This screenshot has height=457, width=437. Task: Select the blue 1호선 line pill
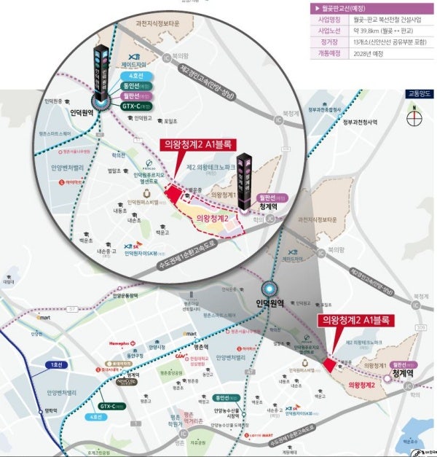pyautogui.click(x=54, y=364)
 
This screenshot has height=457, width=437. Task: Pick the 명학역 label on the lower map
pyautogui.click(x=51, y=410)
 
